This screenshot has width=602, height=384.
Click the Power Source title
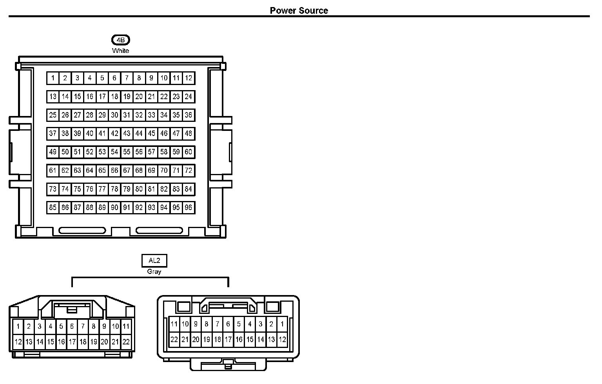299,11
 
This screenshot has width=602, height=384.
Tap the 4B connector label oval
120,40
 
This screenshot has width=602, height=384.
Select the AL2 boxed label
154,261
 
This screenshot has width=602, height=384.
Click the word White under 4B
120,51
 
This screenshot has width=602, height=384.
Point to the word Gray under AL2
154,272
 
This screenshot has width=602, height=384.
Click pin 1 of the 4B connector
53,78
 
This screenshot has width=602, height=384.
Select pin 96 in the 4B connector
189,207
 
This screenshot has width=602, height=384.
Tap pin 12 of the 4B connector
189,78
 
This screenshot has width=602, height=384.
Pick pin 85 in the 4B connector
53,207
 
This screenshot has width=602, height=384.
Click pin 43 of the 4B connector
127,133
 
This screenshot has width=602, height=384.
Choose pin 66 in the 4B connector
114,170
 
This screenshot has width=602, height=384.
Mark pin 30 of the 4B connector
114,115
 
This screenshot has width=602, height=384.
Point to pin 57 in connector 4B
151,152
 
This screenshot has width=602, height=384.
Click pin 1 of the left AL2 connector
18,326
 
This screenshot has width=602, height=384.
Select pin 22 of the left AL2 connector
126,342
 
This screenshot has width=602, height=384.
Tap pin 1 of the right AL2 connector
282,324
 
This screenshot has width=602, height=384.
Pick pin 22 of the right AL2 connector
174,340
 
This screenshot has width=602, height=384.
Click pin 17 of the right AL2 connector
228,340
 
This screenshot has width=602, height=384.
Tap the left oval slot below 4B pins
82,230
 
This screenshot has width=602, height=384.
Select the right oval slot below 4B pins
159,230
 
